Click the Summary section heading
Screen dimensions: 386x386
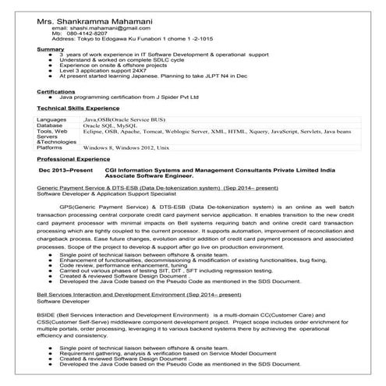tap(51, 49)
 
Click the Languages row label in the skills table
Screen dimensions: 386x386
tap(52, 119)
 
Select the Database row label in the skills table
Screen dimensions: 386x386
tap(51, 126)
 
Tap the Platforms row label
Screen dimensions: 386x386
tap(51, 147)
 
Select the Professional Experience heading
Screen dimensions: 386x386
tap(73, 158)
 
